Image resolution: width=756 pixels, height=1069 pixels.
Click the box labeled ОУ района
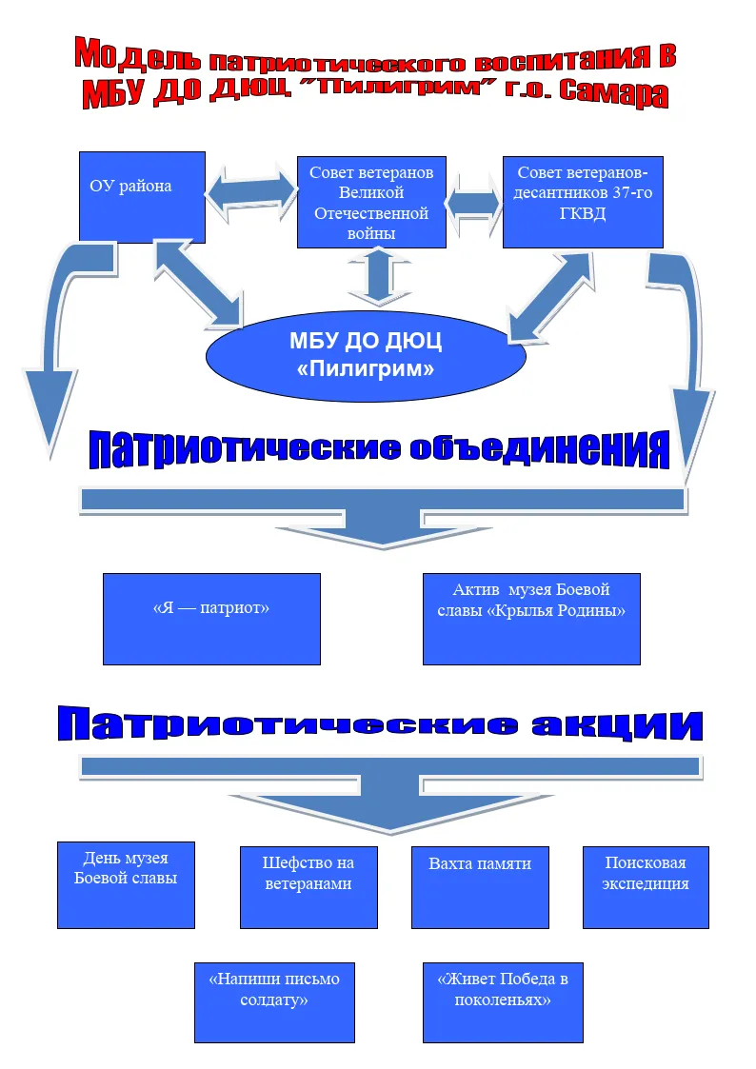[x=142, y=197]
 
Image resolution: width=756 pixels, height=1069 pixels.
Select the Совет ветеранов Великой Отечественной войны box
[x=371, y=203]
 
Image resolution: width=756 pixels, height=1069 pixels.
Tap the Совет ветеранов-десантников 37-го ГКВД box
[x=583, y=202]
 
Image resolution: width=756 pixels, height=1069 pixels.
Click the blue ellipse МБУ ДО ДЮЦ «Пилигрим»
[x=366, y=355]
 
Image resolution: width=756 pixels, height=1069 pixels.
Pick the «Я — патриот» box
[x=211, y=619]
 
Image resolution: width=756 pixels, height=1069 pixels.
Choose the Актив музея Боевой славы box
[x=531, y=619]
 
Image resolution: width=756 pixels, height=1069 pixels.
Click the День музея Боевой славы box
[x=126, y=885]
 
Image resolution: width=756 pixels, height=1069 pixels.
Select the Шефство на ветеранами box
[x=308, y=887]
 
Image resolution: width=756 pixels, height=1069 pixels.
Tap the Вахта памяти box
[x=480, y=887]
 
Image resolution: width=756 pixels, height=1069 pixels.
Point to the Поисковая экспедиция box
[x=646, y=887]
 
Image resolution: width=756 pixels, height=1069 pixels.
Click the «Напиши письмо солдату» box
[x=275, y=1002]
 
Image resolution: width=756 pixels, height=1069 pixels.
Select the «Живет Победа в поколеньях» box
[x=503, y=1002]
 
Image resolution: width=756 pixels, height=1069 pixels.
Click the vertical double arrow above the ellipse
[x=379, y=275]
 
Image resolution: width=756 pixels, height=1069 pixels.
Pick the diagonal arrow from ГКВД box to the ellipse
[x=550, y=297]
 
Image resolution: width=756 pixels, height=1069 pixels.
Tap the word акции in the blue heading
[x=617, y=724]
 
